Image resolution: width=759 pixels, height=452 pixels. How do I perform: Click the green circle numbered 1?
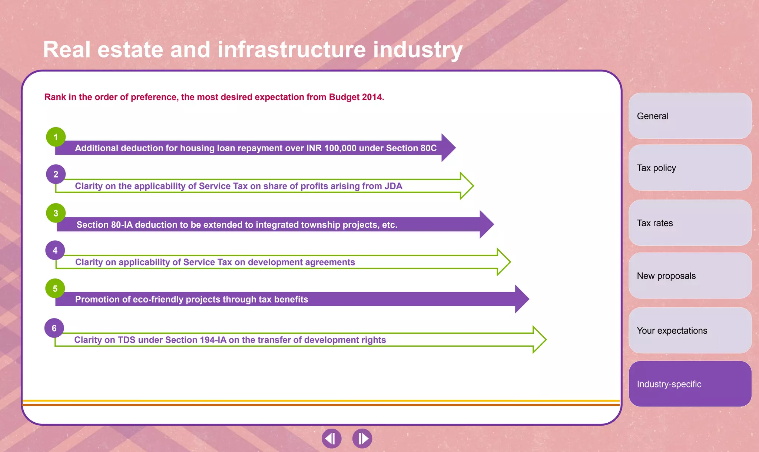[56, 137]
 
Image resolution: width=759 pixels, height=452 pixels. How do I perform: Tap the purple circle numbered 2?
[56, 174]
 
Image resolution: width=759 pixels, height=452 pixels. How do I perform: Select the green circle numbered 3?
[56, 213]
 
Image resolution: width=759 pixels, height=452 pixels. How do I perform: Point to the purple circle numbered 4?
[55, 251]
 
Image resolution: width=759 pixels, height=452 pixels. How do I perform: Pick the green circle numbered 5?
[55, 288]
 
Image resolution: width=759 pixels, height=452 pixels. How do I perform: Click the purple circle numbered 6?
[54, 328]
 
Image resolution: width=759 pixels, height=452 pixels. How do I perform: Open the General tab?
[690, 116]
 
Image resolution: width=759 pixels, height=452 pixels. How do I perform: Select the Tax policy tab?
[690, 168]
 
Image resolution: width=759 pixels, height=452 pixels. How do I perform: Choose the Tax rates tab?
[690, 223]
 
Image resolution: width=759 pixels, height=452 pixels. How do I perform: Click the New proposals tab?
[690, 276]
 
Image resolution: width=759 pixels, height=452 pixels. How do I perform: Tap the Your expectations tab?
[690, 330]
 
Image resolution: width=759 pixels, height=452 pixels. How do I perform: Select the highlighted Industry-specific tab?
[690, 384]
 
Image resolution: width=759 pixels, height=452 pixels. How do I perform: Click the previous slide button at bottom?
[331, 439]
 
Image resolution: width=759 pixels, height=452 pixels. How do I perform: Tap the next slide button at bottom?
[362, 439]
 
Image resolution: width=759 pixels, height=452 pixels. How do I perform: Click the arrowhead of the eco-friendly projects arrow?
[521, 299]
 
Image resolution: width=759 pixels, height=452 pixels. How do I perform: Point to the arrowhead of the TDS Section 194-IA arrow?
[538, 340]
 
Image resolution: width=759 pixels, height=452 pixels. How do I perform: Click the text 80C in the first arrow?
[428, 148]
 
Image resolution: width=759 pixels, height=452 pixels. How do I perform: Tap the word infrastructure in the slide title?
[292, 50]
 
